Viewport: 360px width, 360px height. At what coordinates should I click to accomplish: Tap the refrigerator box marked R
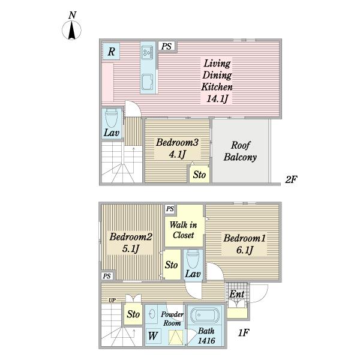pyautogui.click(x=111, y=51)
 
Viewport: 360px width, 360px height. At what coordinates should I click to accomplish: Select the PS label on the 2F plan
pyautogui.click(x=166, y=46)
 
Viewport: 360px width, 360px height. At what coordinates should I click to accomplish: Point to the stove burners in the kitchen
pyautogui.click(x=147, y=52)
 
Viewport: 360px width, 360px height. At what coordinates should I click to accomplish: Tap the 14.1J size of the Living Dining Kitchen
pyautogui.click(x=217, y=99)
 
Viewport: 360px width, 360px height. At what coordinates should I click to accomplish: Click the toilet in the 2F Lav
pyautogui.click(x=112, y=118)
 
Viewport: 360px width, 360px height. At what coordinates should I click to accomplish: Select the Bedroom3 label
pyautogui.click(x=177, y=142)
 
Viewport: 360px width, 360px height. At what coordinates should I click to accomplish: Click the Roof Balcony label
pyautogui.click(x=240, y=151)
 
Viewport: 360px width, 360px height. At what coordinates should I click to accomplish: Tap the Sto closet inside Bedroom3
pyautogui.click(x=199, y=174)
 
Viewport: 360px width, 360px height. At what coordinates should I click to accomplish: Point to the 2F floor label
pyautogui.click(x=291, y=179)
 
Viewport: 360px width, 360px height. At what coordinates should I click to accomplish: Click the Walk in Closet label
pyautogui.click(x=183, y=230)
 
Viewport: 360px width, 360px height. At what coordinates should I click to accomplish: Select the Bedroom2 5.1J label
pyautogui.click(x=131, y=242)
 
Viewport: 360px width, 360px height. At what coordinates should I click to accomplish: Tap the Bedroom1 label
pyautogui.click(x=245, y=238)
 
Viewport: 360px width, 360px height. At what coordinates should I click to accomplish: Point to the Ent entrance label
pyautogui.click(x=237, y=294)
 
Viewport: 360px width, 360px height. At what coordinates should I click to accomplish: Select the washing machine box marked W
pyautogui.click(x=153, y=336)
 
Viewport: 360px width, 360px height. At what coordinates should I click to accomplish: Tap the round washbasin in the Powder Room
pyautogui.click(x=152, y=314)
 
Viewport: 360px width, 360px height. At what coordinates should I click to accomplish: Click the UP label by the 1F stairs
pyautogui.click(x=112, y=300)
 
